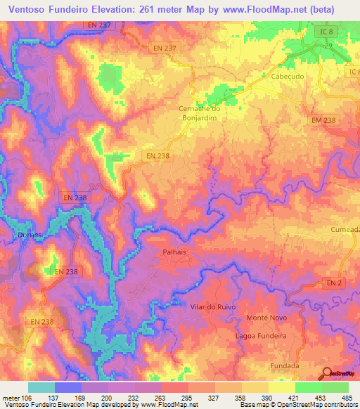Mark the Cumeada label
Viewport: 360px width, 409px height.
345,228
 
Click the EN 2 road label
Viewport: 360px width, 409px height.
335,282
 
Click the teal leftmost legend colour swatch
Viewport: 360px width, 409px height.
41,387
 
